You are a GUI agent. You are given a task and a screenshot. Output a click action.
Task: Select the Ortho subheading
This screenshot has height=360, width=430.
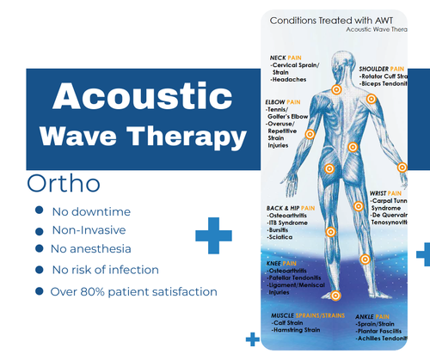pyautogui.click(x=64, y=184)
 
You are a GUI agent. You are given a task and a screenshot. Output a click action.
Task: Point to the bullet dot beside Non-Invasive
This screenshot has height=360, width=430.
pyautogui.click(x=37, y=229)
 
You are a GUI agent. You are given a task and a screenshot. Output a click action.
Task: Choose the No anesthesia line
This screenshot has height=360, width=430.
pyautogui.click(x=93, y=249)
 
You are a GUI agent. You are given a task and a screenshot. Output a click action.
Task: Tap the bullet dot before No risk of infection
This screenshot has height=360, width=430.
pyautogui.click(x=37, y=270)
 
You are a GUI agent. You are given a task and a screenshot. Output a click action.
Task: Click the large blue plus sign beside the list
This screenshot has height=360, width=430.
pyautogui.click(x=213, y=235)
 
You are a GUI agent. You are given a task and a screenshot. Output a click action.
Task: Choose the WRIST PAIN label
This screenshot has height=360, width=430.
pyautogui.click(x=384, y=193)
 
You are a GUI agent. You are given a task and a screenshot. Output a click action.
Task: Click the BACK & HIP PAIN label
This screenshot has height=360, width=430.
pyautogui.click(x=290, y=208)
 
